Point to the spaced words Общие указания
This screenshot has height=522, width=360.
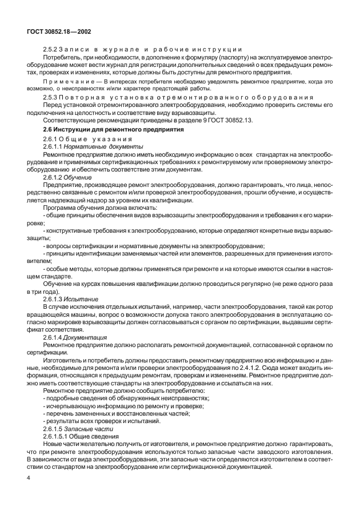[x=101, y=140]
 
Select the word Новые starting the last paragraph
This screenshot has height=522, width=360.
[x=55, y=444]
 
